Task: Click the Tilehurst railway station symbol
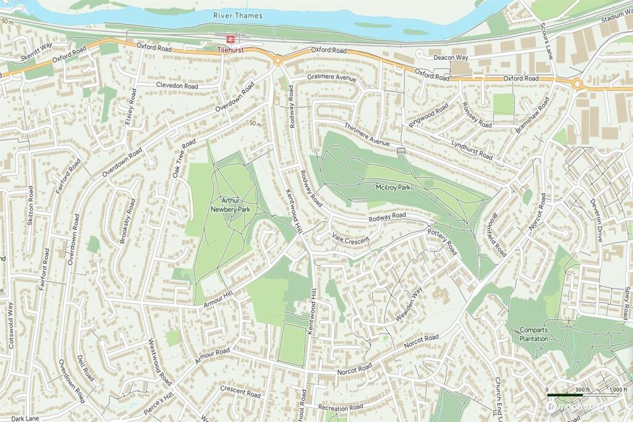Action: pyautogui.click(x=231, y=38)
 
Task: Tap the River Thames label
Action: pyautogui.click(x=237, y=15)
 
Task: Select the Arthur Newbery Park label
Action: pyautogui.click(x=230, y=205)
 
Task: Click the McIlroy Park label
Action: pyautogui.click(x=394, y=187)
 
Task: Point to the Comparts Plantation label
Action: pyautogui.click(x=533, y=334)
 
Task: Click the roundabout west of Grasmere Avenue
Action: pyautogui.click(x=278, y=60)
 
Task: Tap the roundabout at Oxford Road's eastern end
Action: pyautogui.click(x=577, y=84)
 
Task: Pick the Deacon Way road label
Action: pyautogui.click(x=451, y=57)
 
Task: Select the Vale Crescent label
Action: pyautogui.click(x=350, y=238)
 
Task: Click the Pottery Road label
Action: pyautogui.click(x=442, y=240)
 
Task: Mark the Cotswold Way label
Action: pyautogui.click(x=11, y=325)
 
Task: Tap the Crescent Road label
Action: pyautogui.click(x=240, y=391)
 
